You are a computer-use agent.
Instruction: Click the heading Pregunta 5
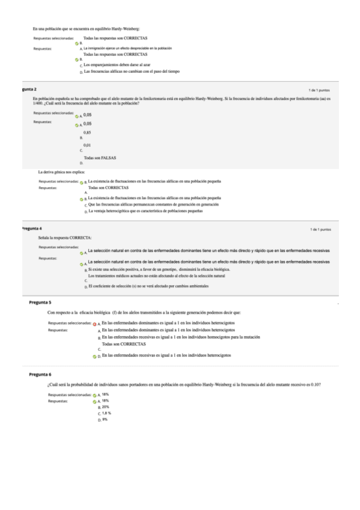click(x=40, y=302)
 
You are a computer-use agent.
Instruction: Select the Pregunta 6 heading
click(x=40, y=374)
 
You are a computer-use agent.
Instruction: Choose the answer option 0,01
click(x=88, y=145)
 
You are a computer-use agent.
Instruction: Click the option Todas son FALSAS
click(x=100, y=158)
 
